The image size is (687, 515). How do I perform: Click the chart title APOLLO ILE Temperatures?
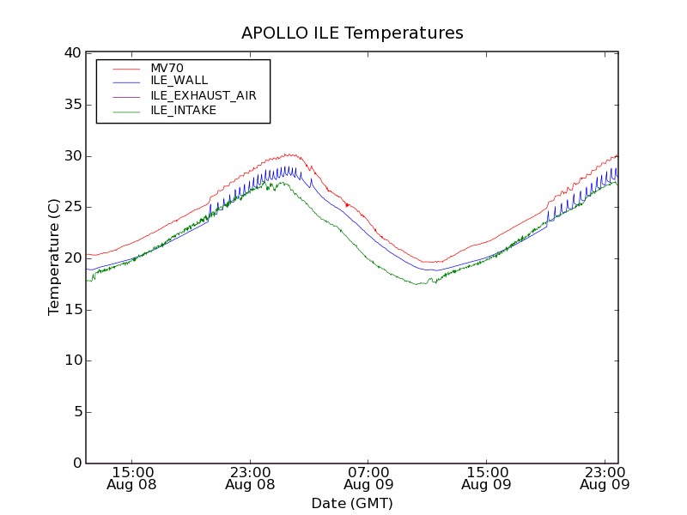(x=352, y=33)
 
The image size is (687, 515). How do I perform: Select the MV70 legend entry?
(x=167, y=68)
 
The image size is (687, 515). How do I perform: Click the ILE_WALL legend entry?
(x=179, y=81)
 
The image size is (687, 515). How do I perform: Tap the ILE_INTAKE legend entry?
(x=183, y=110)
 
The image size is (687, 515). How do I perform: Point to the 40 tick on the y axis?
(x=73, y=53)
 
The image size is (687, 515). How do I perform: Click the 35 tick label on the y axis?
(x=73, y=105)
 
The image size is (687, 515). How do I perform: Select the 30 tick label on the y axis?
(x=73, y=156)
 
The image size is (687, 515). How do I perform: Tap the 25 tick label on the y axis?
(x=73, y=207)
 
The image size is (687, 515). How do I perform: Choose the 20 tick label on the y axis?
(x=73, y=258)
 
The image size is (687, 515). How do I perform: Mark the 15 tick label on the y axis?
(x=73, y=310)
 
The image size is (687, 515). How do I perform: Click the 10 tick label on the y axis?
(x=73, y=360)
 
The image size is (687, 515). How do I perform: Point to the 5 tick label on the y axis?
(x=77, y=412)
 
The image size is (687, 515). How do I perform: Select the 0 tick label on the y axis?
(x=77, y=463)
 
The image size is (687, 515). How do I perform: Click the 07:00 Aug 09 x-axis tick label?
(x=368, y=478)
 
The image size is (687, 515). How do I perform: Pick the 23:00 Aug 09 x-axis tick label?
(x=605, y=478)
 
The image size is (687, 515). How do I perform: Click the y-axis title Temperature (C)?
(x=54, y=257)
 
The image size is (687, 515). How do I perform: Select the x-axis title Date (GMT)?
(x=352, y=503)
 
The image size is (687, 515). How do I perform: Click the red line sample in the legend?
(x=125, y=68)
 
